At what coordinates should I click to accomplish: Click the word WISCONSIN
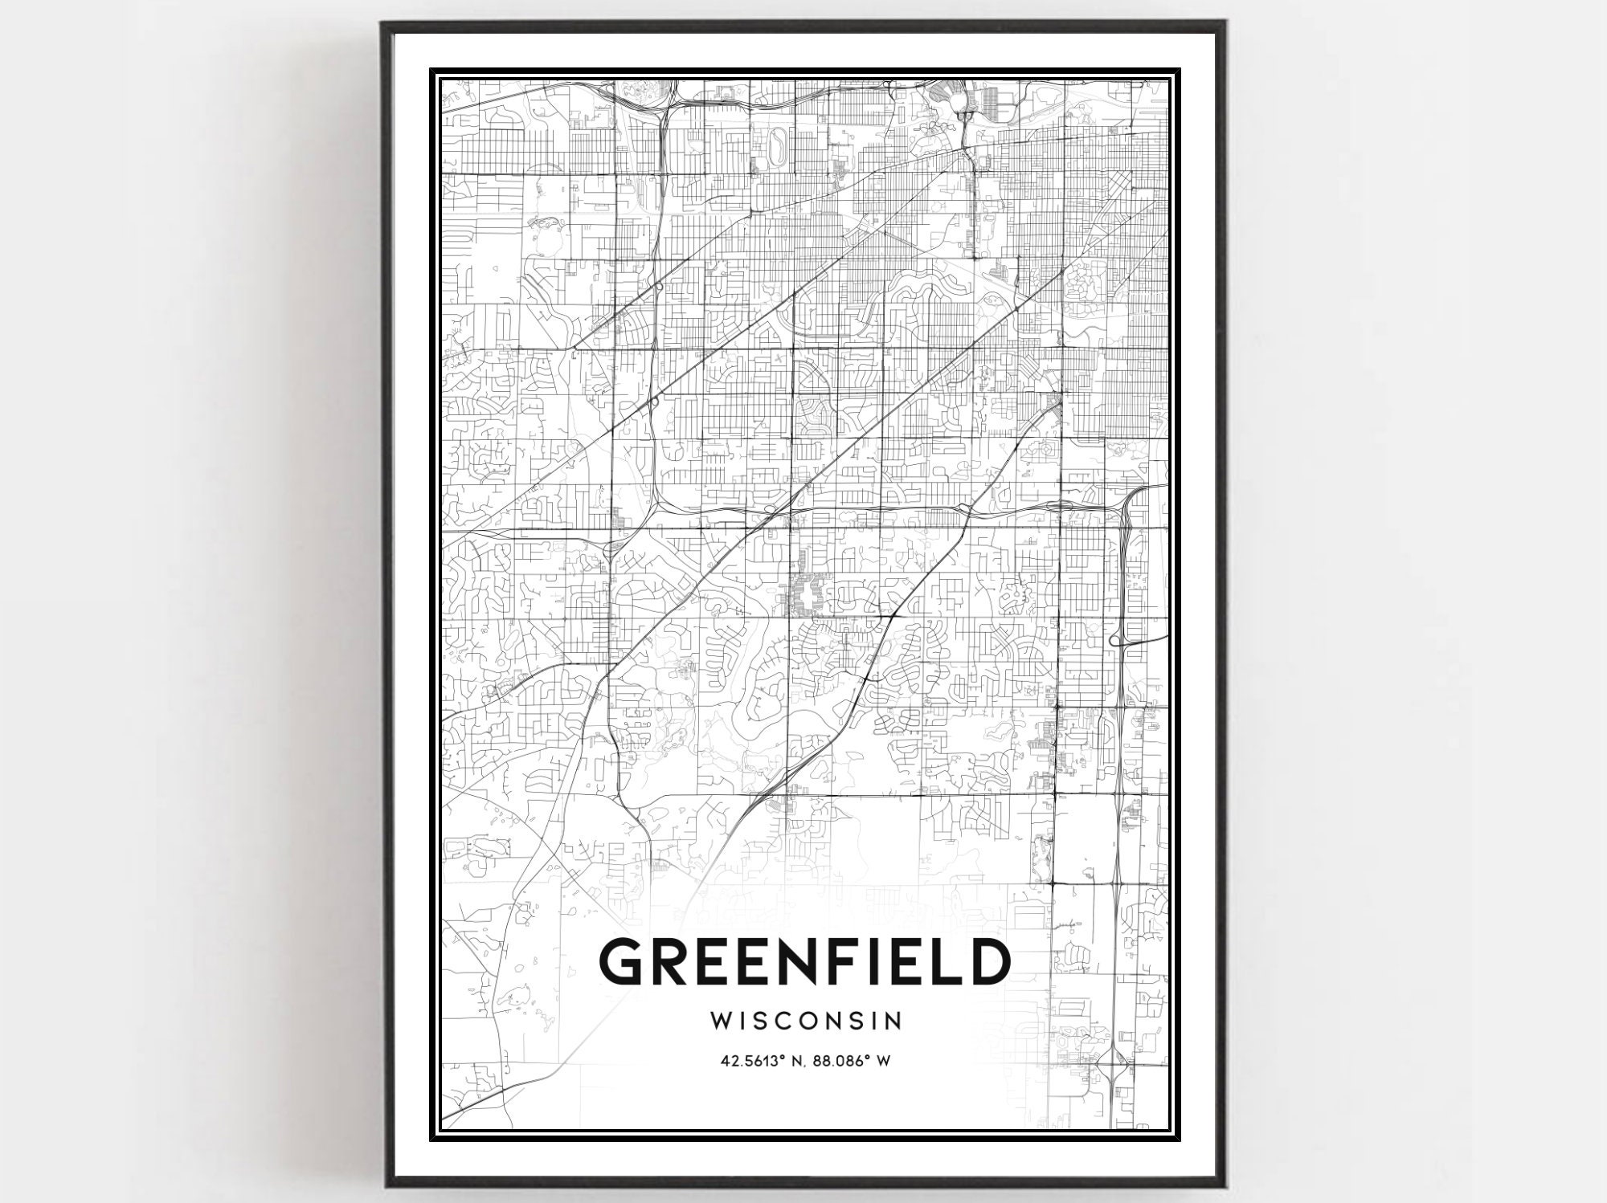click(x=806, y=1021)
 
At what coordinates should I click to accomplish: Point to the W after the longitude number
click(x=884, y=1061)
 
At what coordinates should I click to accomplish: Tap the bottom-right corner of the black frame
click(x=1222, y=1185)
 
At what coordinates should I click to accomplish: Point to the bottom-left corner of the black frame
click(x=384, y=1185)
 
